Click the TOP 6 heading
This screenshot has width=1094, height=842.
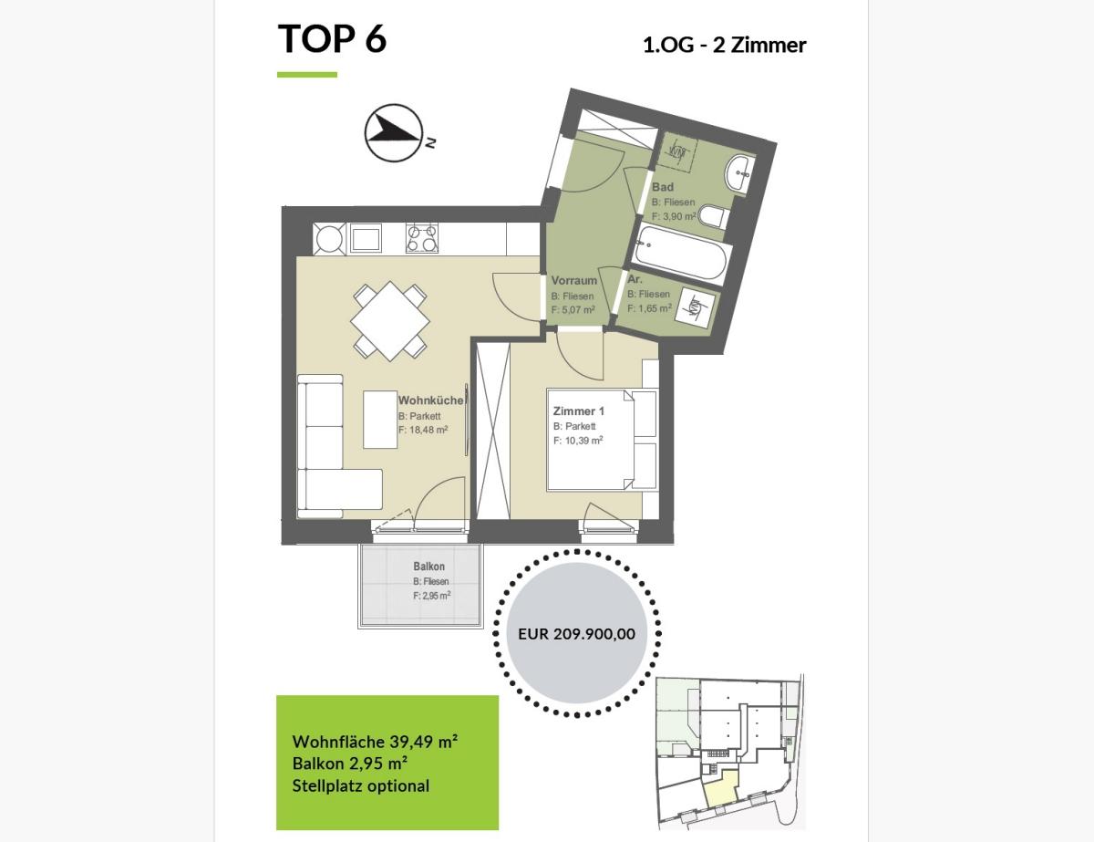332,38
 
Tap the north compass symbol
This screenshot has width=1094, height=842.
394,133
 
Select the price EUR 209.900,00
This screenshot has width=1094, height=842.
576,633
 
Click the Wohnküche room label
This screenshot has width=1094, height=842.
430,400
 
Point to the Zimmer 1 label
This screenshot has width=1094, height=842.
579,411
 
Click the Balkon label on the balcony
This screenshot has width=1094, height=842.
429,566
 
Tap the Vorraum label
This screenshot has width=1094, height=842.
574,280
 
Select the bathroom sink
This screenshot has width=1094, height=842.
739,173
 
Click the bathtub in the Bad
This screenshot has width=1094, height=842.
680,254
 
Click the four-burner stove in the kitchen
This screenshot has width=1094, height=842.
422,238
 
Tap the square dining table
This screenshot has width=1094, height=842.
390,321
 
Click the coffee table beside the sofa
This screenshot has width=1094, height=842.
380,420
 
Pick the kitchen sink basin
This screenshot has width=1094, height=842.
366,239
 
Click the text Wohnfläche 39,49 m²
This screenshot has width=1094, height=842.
375,742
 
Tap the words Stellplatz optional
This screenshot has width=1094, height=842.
360,785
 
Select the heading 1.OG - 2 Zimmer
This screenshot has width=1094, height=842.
725,46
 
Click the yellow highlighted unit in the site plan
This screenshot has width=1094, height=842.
721,789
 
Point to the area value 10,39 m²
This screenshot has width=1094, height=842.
584,440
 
